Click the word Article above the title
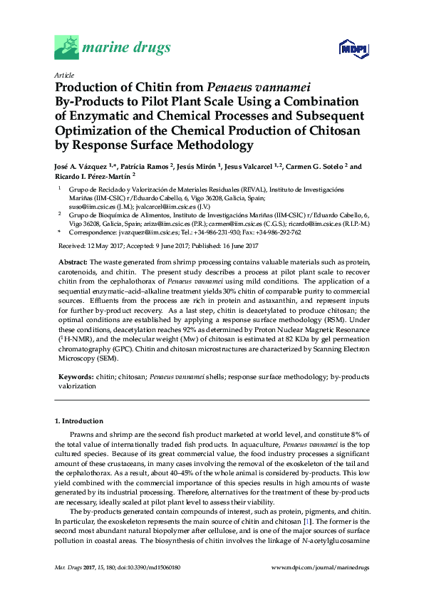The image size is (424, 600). (x=63, y=75)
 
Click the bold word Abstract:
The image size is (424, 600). (x=73, y=263)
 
